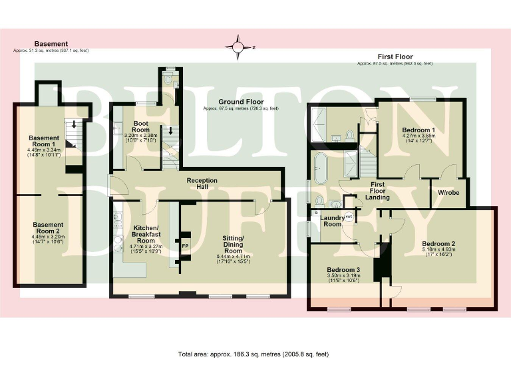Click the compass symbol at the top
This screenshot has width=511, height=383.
tap(238, 47)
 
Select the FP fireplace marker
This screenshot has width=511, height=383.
tap(186, 244)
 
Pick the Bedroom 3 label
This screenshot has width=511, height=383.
tap(343, 269)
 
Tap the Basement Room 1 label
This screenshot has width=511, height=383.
tap(44, 142)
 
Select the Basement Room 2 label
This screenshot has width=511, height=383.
tap(49, 228)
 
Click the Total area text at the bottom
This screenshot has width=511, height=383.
tap(254, 354)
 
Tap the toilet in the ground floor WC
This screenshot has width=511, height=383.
tap(170, 80)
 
